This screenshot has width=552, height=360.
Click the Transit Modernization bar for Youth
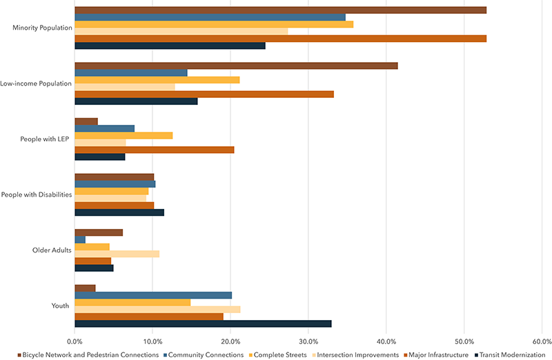[x=203, y=323]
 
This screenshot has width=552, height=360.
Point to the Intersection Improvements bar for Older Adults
[x=117, y=254]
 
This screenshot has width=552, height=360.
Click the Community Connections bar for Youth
[x=153, y=295]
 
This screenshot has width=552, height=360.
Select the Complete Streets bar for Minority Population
[x=214, y=24]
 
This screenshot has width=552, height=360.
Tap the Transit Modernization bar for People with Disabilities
[x=119, y=212]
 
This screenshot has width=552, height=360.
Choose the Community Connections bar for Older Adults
[x=80, y=239]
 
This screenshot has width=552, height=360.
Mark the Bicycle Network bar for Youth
[x=85, y=288]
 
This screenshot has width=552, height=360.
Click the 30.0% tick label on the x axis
[x=308, y=340]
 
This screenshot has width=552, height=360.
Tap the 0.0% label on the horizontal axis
[x=75, y=340]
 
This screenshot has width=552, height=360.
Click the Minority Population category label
[x=43, y=28]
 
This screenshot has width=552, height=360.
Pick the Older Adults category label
[x=53, y=250]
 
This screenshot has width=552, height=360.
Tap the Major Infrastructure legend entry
[x=438, y=354]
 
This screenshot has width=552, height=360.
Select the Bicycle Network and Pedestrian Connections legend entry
[x=90, y=354]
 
